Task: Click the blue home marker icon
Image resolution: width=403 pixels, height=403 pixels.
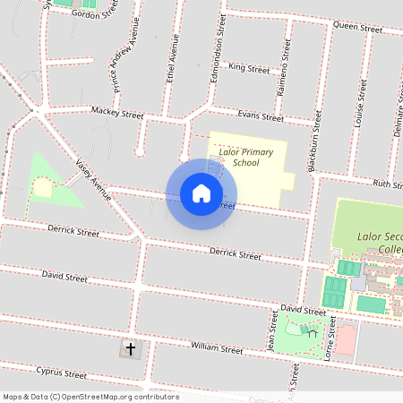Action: pyautogui.click(x=201, y=193)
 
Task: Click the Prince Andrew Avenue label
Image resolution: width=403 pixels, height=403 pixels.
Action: pyautogui.click(x=121, y=66)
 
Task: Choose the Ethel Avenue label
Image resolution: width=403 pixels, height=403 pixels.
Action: pyautogui.click(x=173, y=59)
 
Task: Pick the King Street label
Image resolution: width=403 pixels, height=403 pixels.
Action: pyautogui.click(x=249, y=68)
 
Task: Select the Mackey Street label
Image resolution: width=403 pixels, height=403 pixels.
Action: pyautogui.click(x=116, y=114)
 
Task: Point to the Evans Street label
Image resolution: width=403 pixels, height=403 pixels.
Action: pyautogui.click(x=260, y=116)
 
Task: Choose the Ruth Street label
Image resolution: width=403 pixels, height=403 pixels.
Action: pyautogui.click(x=387, y=184)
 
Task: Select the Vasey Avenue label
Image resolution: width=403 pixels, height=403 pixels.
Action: pyautogui.click(x=92, y=178)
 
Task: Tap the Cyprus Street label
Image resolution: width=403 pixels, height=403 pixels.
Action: pyautogui.click(x=61, y=372)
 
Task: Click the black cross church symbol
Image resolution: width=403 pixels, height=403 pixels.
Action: pyautogui.click(x=131, y=348)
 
